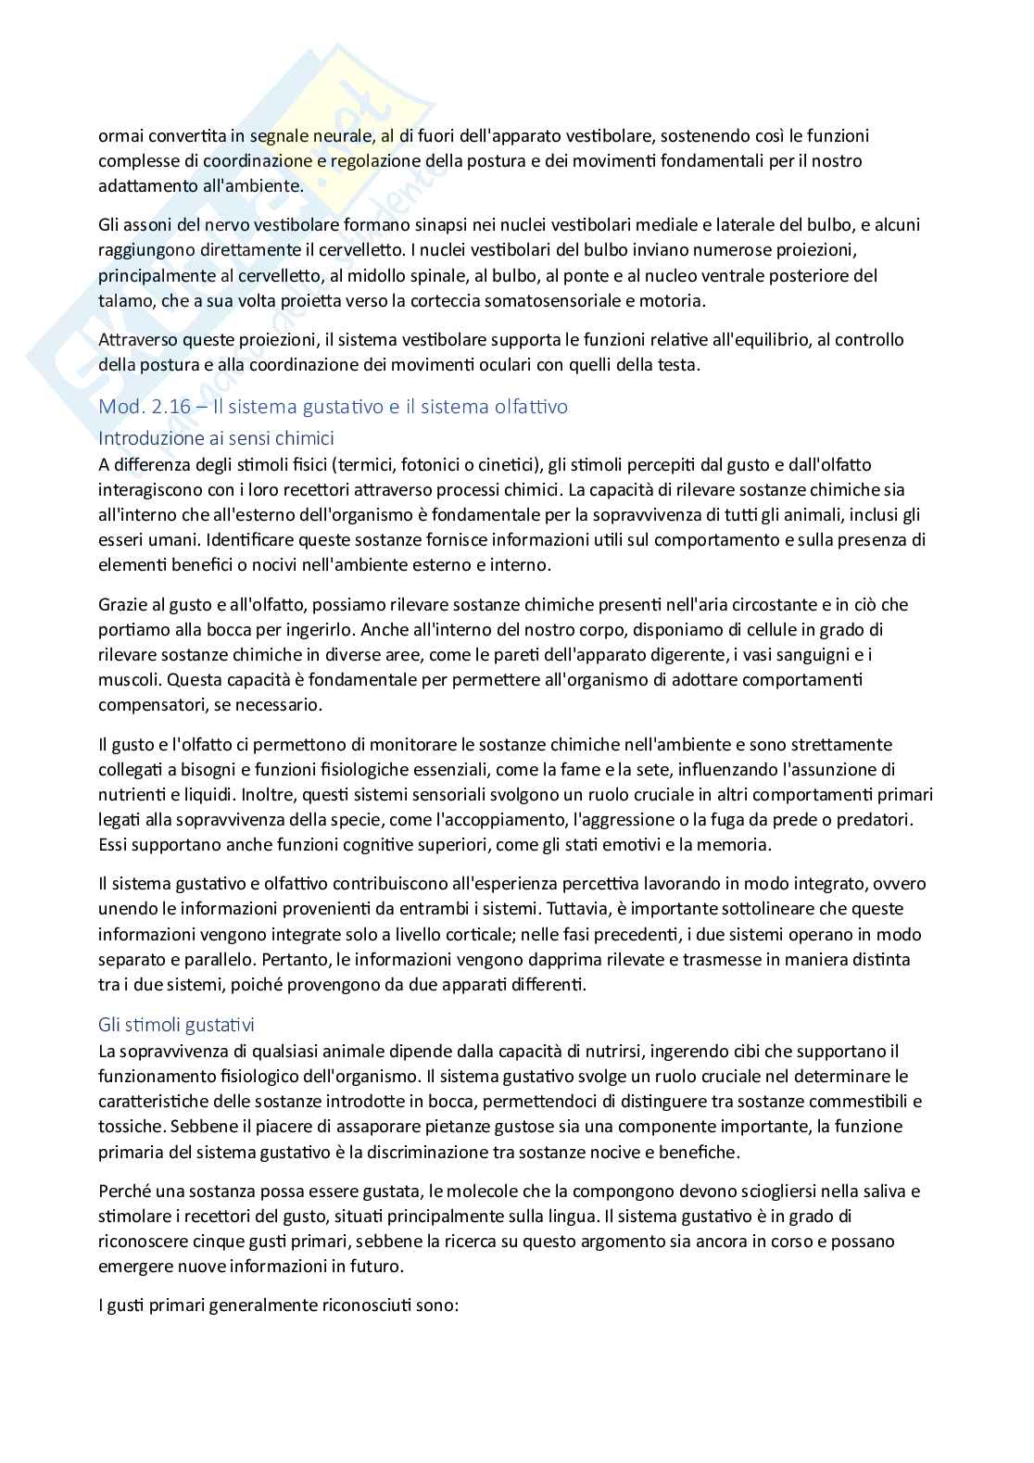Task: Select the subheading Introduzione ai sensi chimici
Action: click(x=216, y=437)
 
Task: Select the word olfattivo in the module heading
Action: click(x=528, y=406)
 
